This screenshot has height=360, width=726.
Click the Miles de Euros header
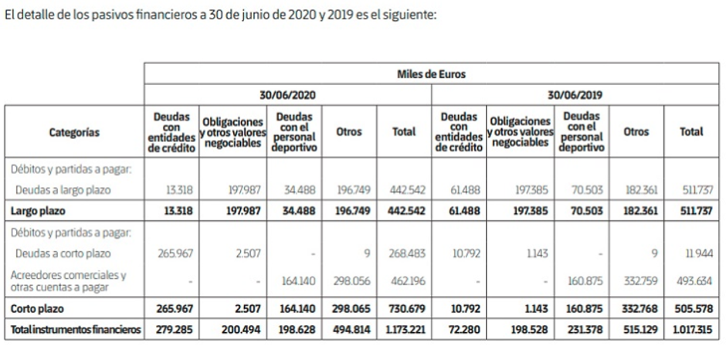[432, 75]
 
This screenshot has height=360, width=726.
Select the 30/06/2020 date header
[287, 95]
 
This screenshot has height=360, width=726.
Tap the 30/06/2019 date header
[575, 95]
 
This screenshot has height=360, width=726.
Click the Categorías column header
[74, 132]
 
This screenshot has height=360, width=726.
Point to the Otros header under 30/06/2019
[636, 132]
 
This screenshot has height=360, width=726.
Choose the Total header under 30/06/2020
[404, 132]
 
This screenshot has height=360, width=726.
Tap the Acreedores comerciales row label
[68, 279]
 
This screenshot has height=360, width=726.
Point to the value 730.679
[405, 307]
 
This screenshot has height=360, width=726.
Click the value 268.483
[405, 253]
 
